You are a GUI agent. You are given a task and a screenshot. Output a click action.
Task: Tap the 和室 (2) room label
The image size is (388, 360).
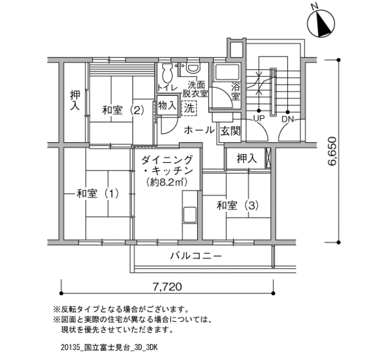pos(123,110)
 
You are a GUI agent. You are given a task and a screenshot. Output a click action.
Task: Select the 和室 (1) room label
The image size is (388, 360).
pos(98,193)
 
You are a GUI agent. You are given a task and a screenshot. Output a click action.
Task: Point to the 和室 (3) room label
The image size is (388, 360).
pos(238,205)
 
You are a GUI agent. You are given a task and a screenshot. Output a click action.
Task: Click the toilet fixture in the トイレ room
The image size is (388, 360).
pos(167,73)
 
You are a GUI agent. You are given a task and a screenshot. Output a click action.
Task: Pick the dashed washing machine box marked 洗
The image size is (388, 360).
pos(189,108)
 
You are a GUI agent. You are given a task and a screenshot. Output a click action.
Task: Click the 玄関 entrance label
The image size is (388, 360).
pos(230,131)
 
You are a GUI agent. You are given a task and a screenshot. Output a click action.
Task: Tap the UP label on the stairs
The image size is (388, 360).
pos(259,119)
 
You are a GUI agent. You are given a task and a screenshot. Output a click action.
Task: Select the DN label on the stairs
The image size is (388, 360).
pos(287,120)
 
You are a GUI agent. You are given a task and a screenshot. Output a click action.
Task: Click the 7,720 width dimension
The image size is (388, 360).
pos(167,287)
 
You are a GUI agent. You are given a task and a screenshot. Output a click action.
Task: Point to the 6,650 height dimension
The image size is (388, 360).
pos(332,151)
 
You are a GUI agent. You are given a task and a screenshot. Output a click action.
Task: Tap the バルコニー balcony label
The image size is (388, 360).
pos(196,256)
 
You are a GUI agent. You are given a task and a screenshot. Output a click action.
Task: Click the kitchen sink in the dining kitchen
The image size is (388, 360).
pos(190,215)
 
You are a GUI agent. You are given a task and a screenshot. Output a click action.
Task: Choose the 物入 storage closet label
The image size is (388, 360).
pos(167,106)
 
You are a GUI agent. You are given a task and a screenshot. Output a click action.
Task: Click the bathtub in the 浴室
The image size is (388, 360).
pos(227,71)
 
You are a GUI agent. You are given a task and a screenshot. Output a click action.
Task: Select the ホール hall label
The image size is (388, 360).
pos(199,130)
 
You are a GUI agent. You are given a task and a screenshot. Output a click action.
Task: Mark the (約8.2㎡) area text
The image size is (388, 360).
pos(166,182)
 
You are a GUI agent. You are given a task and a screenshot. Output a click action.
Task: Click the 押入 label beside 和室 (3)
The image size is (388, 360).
pos(247,158)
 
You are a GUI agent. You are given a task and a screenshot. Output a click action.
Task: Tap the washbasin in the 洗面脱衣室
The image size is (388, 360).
pos(193,68)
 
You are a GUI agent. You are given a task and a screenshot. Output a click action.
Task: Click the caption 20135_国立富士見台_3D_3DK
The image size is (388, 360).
pos(109,347)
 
